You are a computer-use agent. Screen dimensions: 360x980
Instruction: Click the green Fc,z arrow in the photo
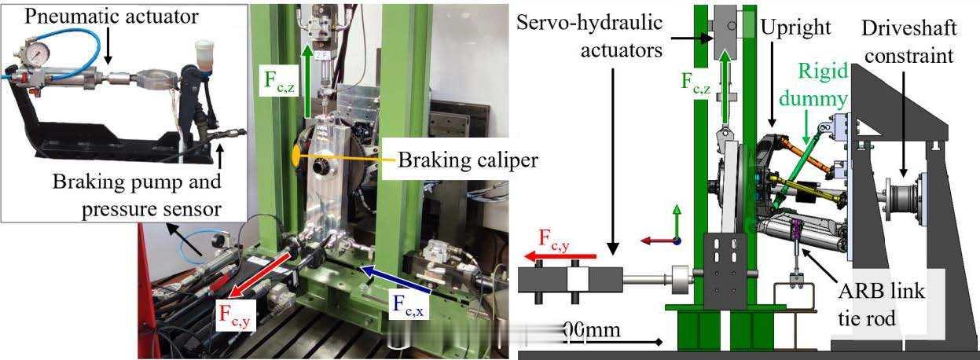306,83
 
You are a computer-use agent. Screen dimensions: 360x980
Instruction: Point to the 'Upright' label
795,28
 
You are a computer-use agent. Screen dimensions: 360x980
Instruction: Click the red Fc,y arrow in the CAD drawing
561,255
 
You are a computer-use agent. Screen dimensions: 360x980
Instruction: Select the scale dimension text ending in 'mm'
593,330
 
